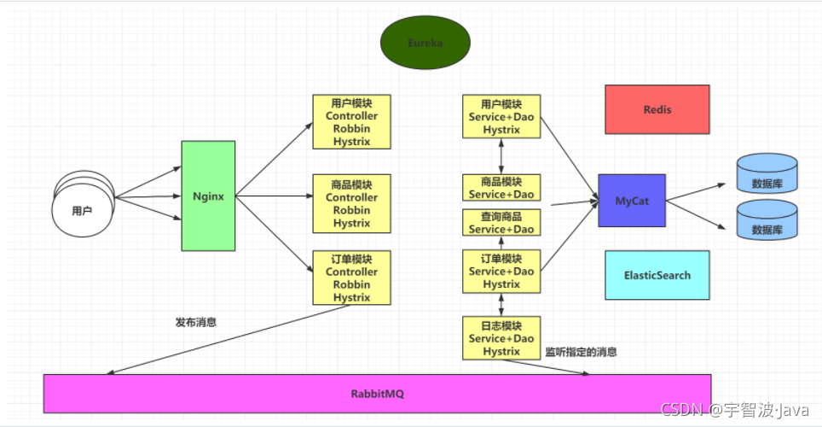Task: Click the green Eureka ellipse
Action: point(425,42)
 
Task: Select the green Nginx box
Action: point(208,196)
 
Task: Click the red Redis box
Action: point(657,109)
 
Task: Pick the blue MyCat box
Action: point(632,201)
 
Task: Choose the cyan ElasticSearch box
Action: point(657,275)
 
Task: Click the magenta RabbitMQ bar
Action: point(377,394)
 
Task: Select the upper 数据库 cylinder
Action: point(767,173)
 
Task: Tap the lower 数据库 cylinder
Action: point(767,220)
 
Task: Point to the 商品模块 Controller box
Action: point(351,203)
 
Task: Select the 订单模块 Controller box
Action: point(351,278)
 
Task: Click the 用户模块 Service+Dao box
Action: point(501,116)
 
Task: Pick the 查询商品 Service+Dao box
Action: point(501,222)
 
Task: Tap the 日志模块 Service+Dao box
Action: point(501,338)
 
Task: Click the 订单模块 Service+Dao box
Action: point(501,272)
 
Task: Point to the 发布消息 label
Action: point(196,323)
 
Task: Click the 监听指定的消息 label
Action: point(581,352)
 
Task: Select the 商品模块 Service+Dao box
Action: point(501,188)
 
